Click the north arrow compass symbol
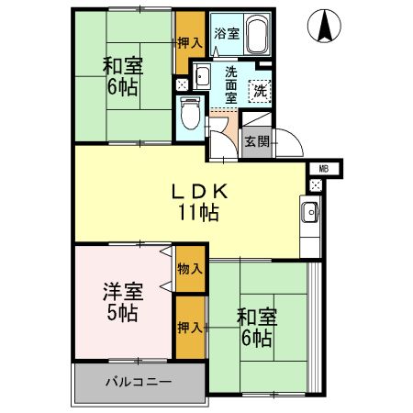(x=325, y=24)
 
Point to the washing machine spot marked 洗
(x=260, y=91)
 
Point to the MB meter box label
(x=324, y=169)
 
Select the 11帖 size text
(x=198, y=214)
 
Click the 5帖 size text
(x=122, y=314)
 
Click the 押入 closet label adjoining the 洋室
(x=190, y=327)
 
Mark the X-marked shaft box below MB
(x=316, y=185)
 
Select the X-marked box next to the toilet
(x=180, y=84)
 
